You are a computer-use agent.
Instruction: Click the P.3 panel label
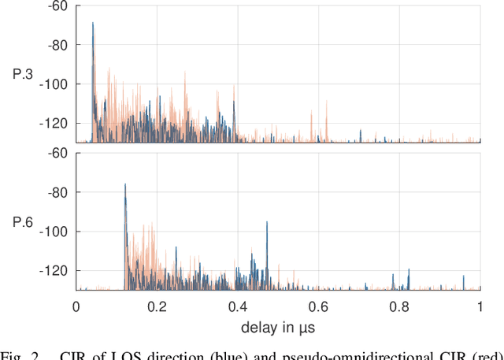22,74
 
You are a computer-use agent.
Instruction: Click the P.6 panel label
22,222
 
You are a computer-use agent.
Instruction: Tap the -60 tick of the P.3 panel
57,6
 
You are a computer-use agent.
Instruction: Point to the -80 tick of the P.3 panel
57,45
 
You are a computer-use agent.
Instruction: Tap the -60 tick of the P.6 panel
57,153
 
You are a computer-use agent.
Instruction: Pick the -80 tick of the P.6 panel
57,192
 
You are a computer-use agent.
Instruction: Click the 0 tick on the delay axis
76,306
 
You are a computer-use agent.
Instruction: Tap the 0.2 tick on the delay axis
157,306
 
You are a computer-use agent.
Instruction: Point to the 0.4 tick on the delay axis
238,306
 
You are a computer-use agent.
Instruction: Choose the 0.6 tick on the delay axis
318,306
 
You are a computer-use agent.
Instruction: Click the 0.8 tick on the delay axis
399,306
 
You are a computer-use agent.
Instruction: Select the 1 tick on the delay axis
480,306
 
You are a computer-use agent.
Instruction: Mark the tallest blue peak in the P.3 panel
93,24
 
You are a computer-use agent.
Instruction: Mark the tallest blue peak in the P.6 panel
125,185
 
